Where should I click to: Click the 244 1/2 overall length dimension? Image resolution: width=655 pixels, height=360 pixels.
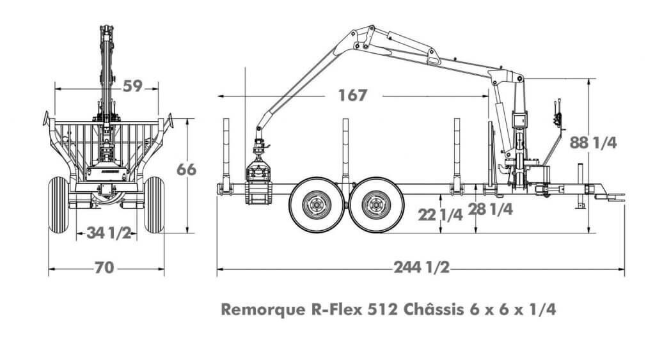422,267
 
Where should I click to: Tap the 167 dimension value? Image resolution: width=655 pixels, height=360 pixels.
352,95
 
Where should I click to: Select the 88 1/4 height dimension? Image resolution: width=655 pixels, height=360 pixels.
593,143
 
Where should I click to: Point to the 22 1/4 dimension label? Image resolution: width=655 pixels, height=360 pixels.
440,215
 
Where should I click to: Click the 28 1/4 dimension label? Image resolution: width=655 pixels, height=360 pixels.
491,209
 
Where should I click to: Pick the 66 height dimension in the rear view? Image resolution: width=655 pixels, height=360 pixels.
186,169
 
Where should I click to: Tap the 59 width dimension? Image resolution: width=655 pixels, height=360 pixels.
133,86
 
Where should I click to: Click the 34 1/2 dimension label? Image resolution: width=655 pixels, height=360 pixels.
109,233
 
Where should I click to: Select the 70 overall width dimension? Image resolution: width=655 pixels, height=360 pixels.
104,267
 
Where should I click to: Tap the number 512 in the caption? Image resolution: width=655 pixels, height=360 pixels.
383,310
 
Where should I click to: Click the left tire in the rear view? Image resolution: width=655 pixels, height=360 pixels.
58,205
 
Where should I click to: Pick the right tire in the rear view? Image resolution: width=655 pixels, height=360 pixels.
154,205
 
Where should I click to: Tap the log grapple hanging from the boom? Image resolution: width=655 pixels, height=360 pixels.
259,175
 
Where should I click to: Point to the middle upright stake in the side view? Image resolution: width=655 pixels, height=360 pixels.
345,155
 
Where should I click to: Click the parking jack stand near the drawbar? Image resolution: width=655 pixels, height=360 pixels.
580,186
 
